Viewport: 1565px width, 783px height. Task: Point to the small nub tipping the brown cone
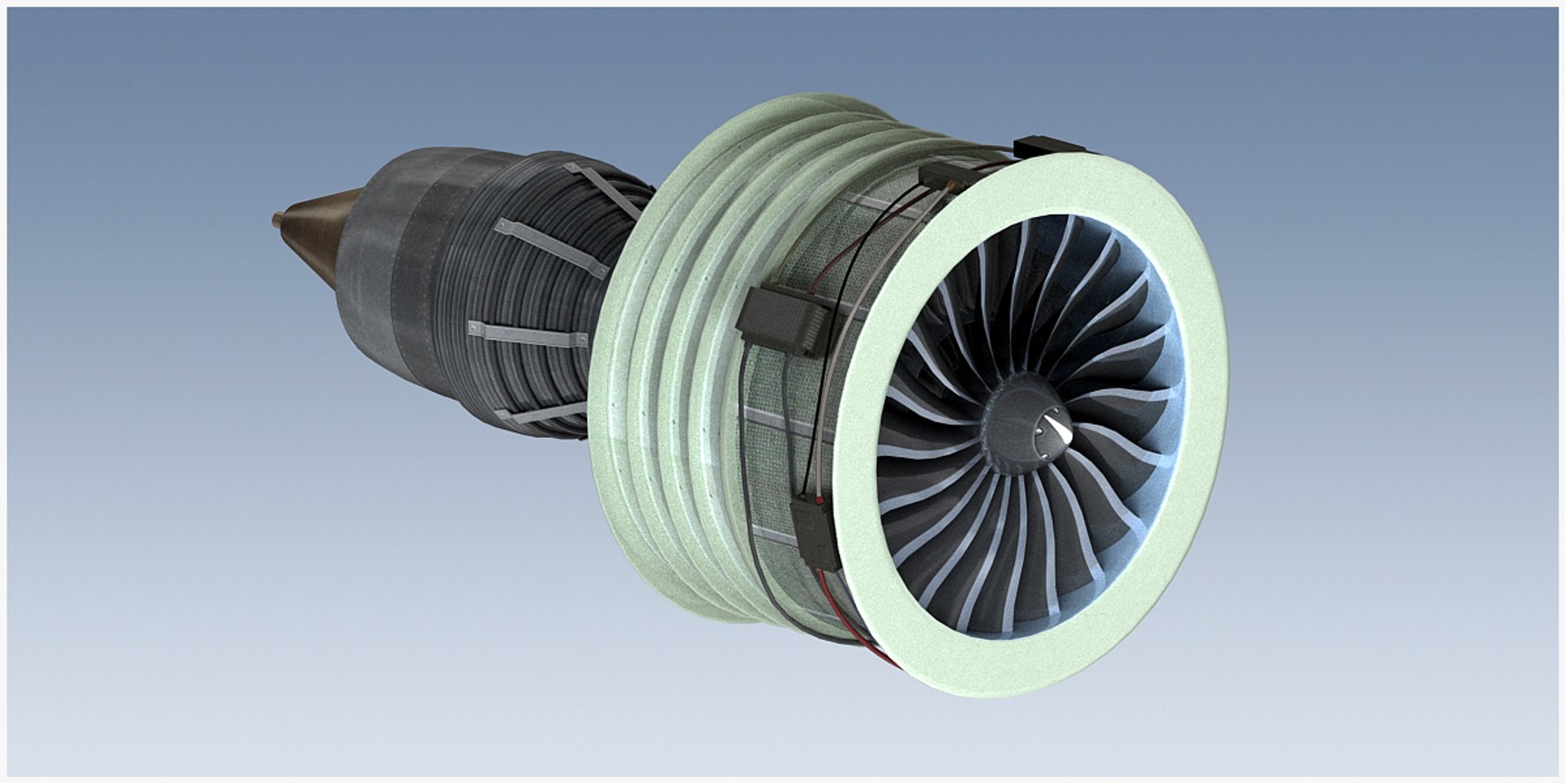(277, 218)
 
